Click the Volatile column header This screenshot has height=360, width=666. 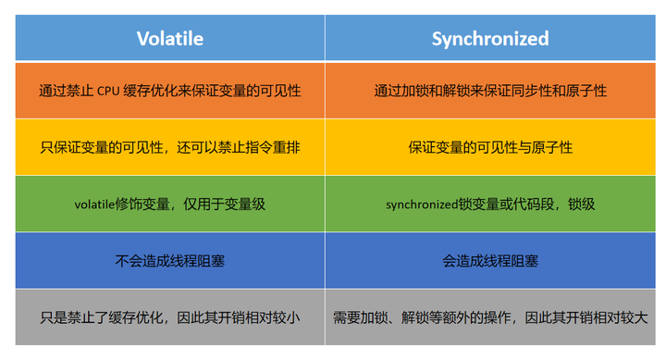click(x=169, y=38)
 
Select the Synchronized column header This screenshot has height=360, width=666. click(x=489, y=38)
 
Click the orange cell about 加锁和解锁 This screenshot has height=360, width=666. click(x=489, y=91)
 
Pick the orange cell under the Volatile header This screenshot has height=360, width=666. click(x=169, y=91)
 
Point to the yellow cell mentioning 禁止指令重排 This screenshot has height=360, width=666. click(x=169, y=147)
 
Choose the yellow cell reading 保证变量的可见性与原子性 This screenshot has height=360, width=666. click(x=489, y=147)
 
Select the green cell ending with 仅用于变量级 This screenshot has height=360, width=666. click(x=169, y=204)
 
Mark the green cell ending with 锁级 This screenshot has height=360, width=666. click(x=489, y=204)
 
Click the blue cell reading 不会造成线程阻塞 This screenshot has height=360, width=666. click(x=169, y=260)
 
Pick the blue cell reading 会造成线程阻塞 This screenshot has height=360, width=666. click(x=489, y=260)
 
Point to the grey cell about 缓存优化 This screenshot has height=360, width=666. click(x=169, y=317)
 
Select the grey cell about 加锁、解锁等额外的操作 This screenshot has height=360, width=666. click(x=489, y=317)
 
